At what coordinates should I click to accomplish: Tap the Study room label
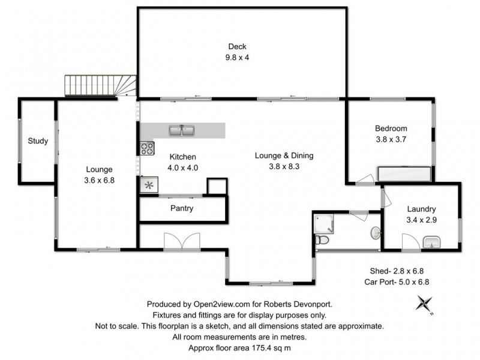pyautogui.click(x=38, y=141)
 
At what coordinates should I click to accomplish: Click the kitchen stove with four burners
pyautogui.click(x=146, y=148)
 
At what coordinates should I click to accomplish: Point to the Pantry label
pyautogui.click(x=182, y=209)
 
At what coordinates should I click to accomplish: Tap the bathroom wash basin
pyautogui.click(x=375, y=232)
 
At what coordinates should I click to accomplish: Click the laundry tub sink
pyautogui.click(x=432, y=242)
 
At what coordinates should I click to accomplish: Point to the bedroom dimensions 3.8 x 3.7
pyautogui.click(x=391, y=139)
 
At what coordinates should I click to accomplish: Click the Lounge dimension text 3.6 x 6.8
pyautogui.click(x=98, y=179)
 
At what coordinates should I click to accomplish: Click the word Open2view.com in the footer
pyautogui.click(x=221, y=304)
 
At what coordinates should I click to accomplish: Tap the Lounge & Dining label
pyautogui.click(x=284, y=155)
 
